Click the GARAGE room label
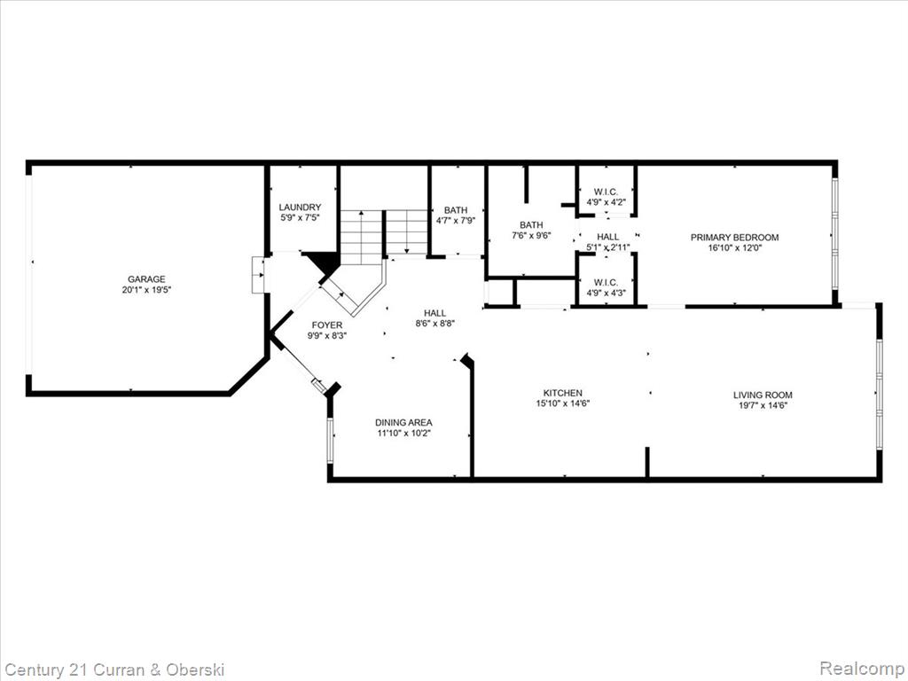click(146, 279)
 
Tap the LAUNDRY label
click(300, 207)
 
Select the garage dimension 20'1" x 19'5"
click(146, 290)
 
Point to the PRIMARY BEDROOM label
click(734, 238)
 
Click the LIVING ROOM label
click(763, 395)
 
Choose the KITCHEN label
click(562, 393)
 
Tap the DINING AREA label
click(403, 423)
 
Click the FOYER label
click(326, 325)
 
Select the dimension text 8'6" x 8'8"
click(434, 324)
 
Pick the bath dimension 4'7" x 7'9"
click(456, 221)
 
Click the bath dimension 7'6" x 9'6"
click(531, 236)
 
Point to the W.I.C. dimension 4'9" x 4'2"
click(606, 203)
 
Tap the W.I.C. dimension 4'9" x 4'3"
click(606, 293)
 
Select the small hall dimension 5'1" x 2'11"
click(608, 247)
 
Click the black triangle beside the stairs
click(323, 262)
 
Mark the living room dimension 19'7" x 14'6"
click(763, 405)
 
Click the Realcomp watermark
click(861, 668)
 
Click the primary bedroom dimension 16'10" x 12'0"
click(734, 248)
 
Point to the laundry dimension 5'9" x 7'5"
click(300, 218)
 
